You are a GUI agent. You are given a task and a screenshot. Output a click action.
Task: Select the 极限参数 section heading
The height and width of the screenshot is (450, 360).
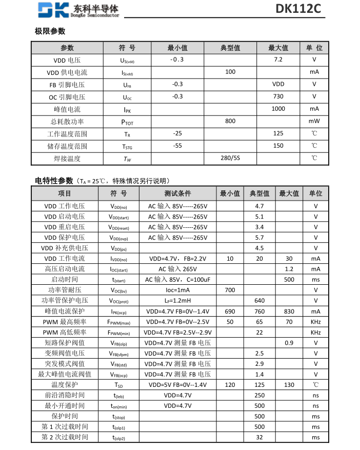50,31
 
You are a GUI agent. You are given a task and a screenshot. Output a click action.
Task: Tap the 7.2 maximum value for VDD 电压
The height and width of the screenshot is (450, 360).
278,60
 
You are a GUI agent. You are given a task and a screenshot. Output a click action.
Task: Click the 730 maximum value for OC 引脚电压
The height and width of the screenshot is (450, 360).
278,96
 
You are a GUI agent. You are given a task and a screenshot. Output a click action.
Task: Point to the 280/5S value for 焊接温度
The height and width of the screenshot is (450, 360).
230,158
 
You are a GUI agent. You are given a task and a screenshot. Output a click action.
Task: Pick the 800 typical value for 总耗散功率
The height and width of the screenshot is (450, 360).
230,121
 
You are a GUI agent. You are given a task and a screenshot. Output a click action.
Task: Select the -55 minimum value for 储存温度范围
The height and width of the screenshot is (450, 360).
177,146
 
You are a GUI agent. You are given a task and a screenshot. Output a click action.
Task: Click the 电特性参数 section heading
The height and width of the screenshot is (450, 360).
54,181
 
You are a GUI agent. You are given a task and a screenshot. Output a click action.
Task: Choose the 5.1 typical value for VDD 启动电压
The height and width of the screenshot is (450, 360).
259,217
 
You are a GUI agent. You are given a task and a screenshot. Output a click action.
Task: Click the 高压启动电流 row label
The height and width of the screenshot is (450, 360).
65,269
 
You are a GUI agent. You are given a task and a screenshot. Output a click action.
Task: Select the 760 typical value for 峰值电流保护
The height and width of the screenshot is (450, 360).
259,311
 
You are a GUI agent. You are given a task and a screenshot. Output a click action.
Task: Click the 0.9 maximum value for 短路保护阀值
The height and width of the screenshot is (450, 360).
289,343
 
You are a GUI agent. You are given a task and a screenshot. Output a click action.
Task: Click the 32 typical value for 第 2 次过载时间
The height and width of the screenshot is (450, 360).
259,437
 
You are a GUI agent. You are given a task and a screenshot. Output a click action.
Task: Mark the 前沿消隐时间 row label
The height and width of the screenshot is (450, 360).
65,395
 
